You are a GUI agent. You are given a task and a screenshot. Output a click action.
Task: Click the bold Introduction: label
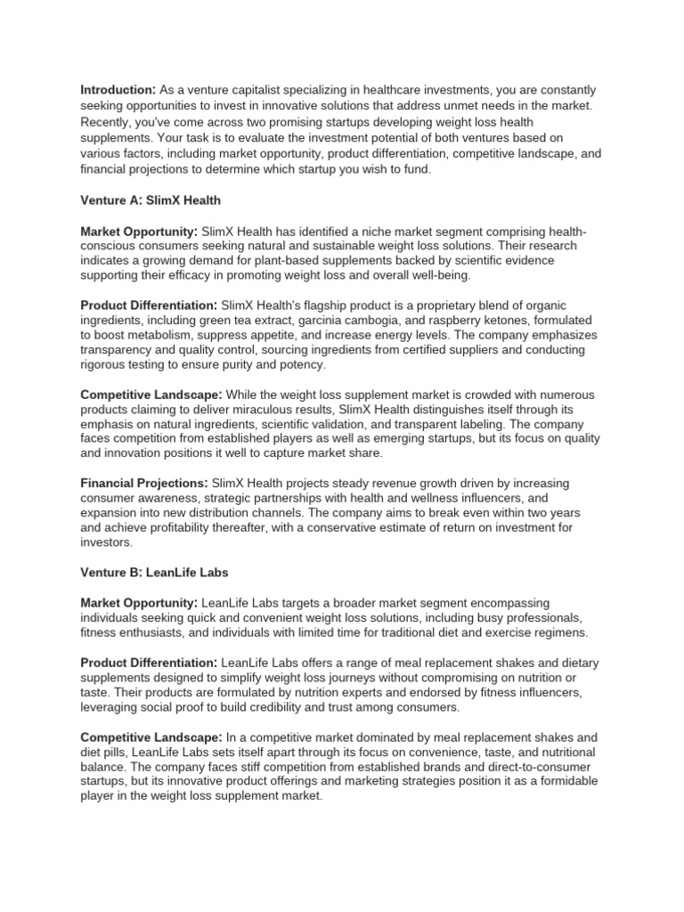[x=118, y=90]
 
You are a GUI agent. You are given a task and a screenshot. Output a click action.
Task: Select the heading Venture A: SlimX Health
[x=150, y=199]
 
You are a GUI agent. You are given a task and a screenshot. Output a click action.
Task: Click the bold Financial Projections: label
[x=145, y=483]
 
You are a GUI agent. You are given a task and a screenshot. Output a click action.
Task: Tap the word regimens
[x=560, y=632]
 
